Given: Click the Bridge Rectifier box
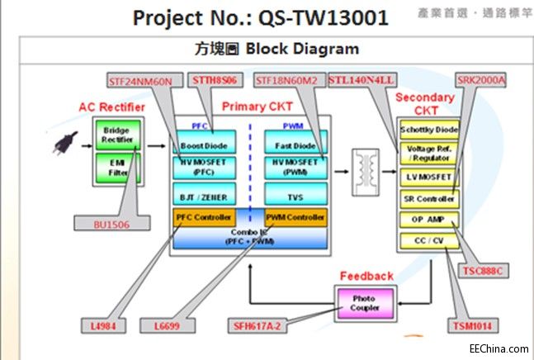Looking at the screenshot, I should (x=118, y=135).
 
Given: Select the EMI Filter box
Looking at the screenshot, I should (x=118, y=168).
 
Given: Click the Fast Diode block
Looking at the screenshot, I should (x=295, y=145).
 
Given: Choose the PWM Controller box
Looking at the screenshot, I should (x=295, y=219).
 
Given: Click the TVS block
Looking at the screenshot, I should (x=295, y=197).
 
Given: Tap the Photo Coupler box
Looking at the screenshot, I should (x=365, y=303).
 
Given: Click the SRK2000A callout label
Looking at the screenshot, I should (x=481, y=81).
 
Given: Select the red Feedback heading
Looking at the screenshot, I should (x=366, y=275).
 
